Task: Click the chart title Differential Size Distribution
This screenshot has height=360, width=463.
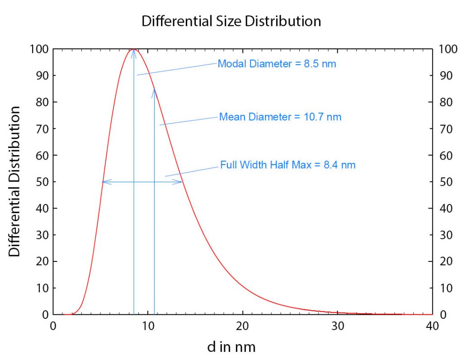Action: [231, 21]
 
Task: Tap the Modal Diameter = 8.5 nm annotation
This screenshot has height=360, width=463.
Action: [277, 64]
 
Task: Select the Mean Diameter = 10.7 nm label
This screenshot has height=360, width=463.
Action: [280, 117]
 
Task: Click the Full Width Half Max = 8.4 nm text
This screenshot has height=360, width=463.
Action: [288, 165]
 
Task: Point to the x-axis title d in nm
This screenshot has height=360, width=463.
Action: [231, 347]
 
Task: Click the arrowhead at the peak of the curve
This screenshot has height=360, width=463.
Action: [134, 51]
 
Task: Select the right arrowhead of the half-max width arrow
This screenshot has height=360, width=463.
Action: [180, 182]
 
